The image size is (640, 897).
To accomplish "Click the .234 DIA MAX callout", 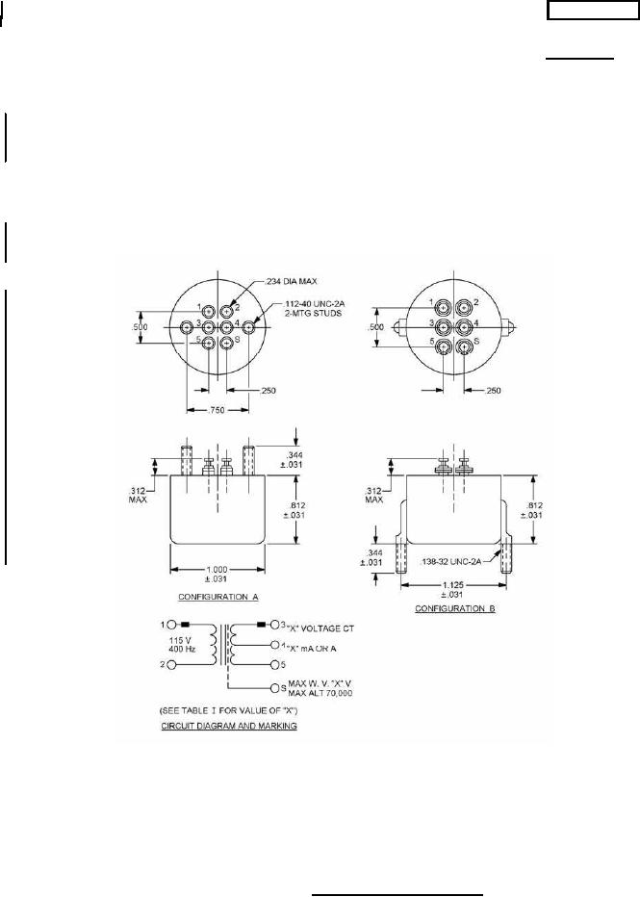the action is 291,281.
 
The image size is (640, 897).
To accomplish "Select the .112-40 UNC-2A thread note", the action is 314,304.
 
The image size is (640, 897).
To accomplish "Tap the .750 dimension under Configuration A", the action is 218,410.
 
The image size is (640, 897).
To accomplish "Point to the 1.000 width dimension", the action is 218,569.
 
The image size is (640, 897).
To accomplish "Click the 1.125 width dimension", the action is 453,584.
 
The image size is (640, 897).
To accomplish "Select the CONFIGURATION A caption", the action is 218,597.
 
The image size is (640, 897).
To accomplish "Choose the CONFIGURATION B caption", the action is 454,608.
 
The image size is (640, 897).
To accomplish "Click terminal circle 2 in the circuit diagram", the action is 171,665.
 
